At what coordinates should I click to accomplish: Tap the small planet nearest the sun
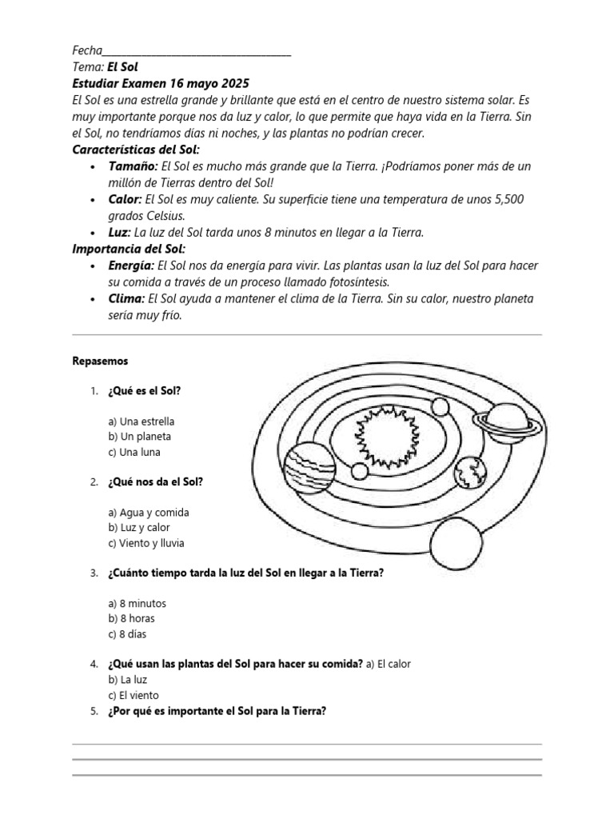441,407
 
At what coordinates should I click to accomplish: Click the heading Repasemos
100,362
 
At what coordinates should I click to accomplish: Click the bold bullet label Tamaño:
132,166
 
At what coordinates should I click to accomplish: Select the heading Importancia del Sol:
129,249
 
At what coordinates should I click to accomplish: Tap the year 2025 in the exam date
232,83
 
